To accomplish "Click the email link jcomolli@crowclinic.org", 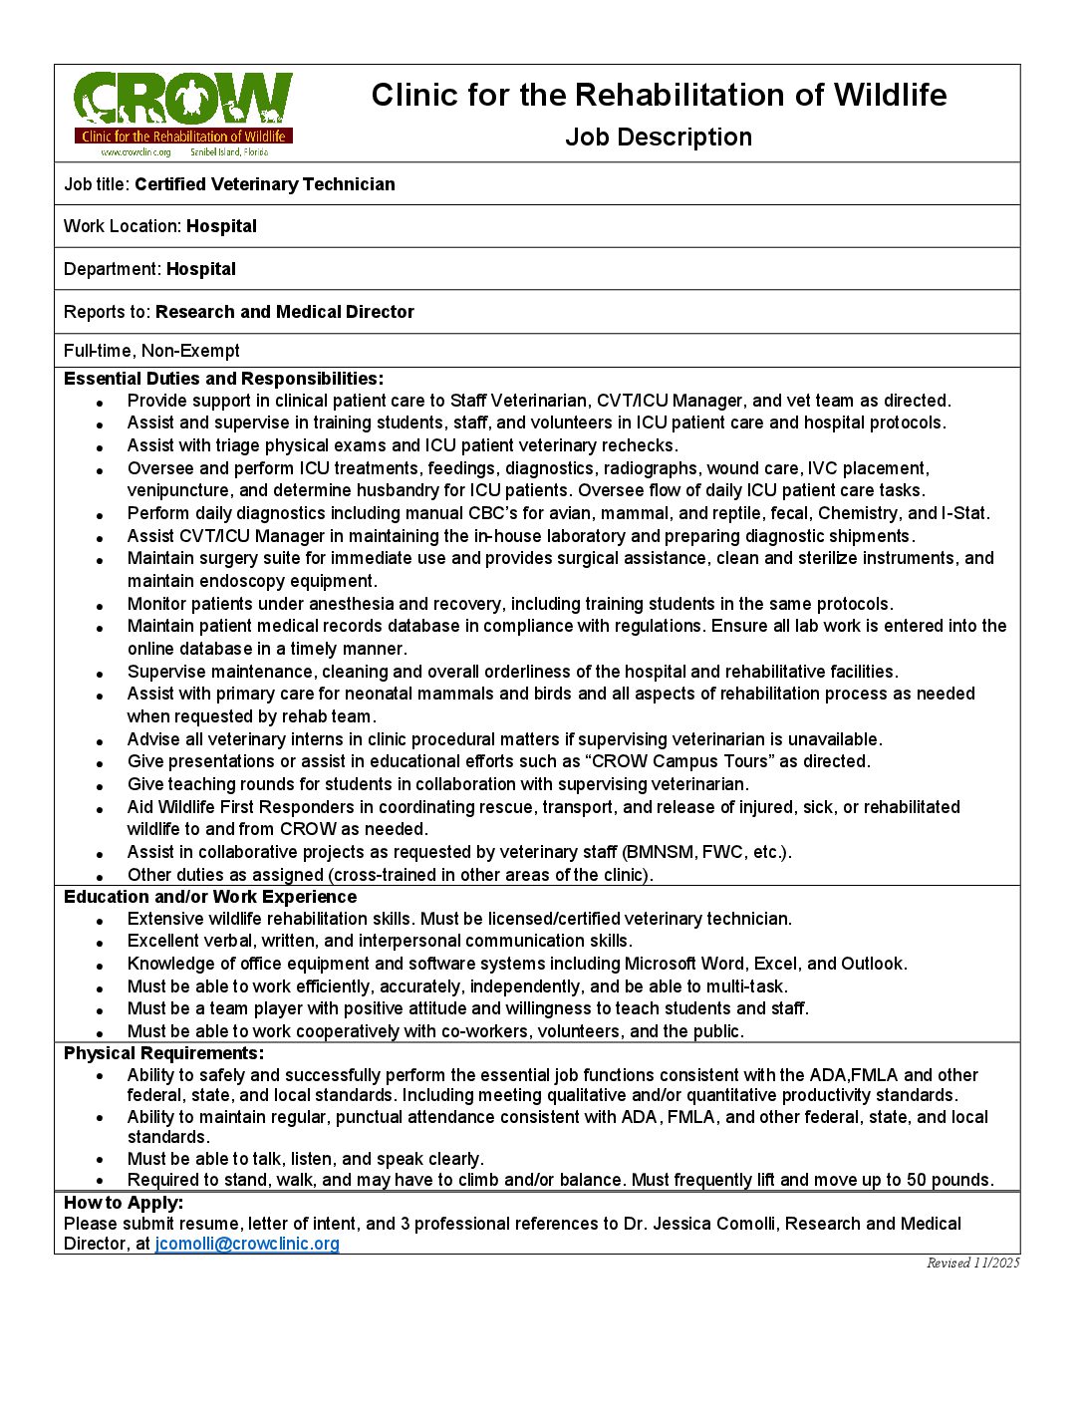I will click(x=247, y=1244).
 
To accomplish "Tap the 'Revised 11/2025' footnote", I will click(x=972, y=1263).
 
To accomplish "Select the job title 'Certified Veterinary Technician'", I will click(x=265, y=184).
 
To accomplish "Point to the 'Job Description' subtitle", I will click(x=659, y=138).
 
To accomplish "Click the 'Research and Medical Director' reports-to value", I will click(x=285, y=312).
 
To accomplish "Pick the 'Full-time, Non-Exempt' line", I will click(x=151, y=351).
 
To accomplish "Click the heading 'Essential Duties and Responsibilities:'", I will click(x=223, y=379).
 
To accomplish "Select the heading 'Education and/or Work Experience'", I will click(x=210, y=897).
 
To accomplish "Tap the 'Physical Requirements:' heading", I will click(x=164, y=1053).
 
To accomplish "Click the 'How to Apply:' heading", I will click(x=124, y=1203).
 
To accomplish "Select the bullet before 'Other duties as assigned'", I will click(x=101, y=876).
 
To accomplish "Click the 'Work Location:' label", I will click(x=124, y=226).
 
